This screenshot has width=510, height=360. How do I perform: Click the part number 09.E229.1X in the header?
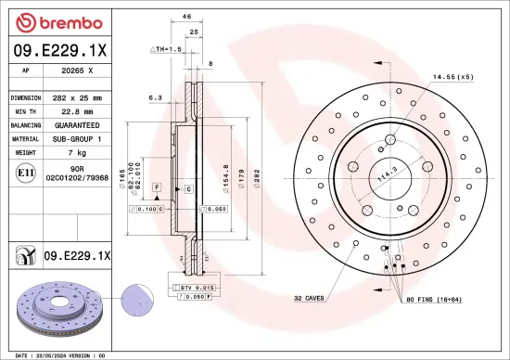[x=59, y=52]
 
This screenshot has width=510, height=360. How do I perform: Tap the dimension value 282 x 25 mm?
[x=77, y=97]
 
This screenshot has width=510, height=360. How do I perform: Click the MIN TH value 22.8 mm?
[x=77, y=110]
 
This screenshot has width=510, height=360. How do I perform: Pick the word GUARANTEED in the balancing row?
[x=77, y=123]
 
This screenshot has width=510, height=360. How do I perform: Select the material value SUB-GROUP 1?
[x=77, y=137]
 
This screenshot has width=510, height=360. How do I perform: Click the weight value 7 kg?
[x=77, y=150]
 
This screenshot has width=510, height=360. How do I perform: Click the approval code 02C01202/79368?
[x=77, y=176]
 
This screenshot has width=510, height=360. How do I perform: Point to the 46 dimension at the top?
[x=186, y=18]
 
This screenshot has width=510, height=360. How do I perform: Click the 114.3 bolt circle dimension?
[x=385, y=173]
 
